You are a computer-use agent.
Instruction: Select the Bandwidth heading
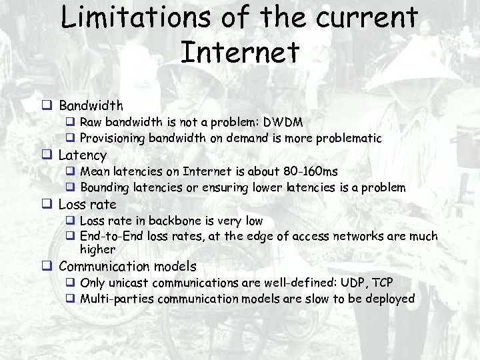[x=91, y=105]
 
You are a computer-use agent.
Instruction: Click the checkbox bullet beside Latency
[x=47, y=155]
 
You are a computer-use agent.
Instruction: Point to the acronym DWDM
[x=283, y=123]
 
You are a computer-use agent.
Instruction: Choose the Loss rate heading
[x=87, y=205]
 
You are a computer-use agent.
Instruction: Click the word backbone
[x=175, y=221]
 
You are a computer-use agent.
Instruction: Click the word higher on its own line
[x=97, y=250]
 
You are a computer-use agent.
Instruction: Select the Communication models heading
[x=127, y=267]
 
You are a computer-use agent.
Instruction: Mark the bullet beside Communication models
[x=47, y=267]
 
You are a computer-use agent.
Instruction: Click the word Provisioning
[x=113, y=139]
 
